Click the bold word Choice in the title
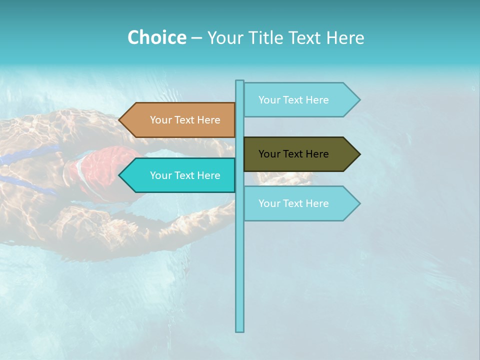click(x=156, y=37)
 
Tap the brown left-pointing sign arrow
click(x=177, y=120)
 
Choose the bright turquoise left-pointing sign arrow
click(x=177, y=175)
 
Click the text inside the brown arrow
click(x=185, y=120)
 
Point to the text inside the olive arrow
click(x=293, y=154)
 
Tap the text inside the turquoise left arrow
click(x=185, y=175)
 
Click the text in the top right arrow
click(x=293, y=100)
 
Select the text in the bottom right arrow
click(x=293, y=203)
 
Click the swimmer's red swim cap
click(x=100, y=167)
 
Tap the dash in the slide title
click(x=196, y=38)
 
